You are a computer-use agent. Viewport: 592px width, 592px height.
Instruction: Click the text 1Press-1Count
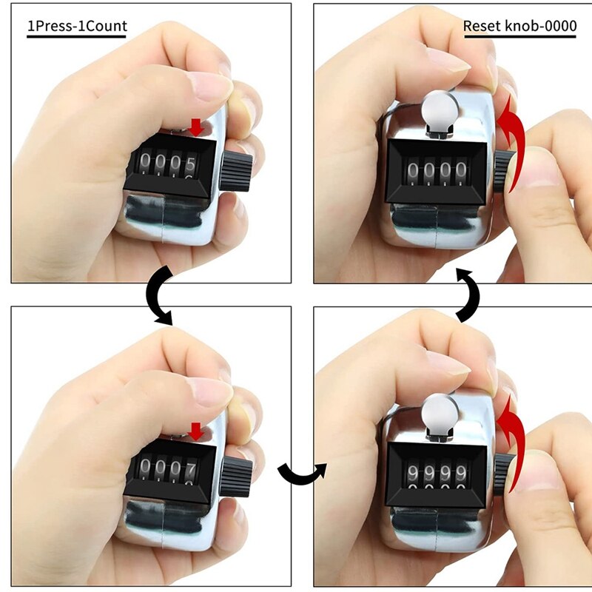[77, 26]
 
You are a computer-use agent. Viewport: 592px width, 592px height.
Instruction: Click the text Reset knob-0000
[519, 26]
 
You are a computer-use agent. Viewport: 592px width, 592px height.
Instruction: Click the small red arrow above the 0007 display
[196, 431]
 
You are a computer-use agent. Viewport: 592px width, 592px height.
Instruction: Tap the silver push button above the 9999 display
[436, 412]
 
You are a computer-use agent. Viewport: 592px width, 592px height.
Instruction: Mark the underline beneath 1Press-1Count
[77, 36]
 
